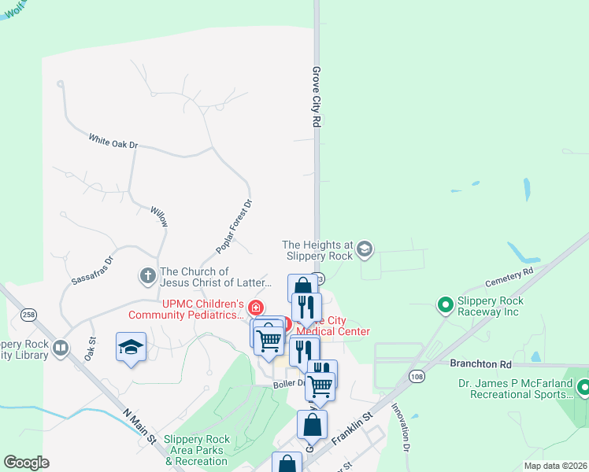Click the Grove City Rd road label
[318, 97]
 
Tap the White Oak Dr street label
[113, 141]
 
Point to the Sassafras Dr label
[93, 269]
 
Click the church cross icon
[147, 276]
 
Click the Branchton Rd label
[480, 364]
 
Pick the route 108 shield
[416, 378]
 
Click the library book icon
[61, 347]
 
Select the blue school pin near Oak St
[131, 348]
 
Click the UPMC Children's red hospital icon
[255, 308]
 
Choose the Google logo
[26, 462]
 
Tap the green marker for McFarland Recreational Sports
[583, 387]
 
